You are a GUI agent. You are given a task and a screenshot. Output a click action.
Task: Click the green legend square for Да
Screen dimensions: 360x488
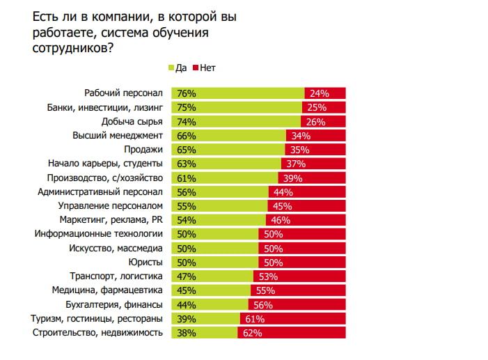(171, 68)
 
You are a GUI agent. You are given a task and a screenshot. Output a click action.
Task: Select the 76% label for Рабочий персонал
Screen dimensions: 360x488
(187, 93)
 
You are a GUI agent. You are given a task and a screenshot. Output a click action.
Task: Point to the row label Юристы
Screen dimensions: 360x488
(146, 262)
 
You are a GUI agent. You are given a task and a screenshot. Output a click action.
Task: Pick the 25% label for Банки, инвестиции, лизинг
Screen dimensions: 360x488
(316, 107)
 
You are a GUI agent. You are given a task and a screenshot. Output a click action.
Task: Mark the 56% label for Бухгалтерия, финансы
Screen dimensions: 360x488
(262, 304)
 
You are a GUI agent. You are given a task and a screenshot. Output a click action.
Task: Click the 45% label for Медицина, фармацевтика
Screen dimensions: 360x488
(187, 290)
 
